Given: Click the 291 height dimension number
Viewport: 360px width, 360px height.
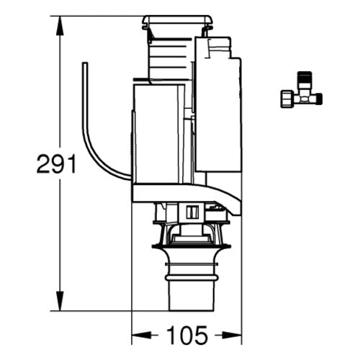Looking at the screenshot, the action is click(x=56, y=163).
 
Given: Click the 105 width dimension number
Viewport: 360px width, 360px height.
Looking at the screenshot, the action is click(x=187, y=336).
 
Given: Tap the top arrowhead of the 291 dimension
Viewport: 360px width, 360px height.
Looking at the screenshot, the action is click(x=60, y=26).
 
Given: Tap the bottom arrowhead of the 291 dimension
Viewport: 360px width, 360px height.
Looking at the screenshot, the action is click(x=60, y=301).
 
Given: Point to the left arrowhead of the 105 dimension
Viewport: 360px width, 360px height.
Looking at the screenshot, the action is click(x=142, y=336).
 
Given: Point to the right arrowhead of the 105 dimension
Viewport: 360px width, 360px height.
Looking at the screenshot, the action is click(x=232, y=336).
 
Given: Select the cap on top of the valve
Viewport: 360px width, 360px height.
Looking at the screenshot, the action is click(x=177, y=22).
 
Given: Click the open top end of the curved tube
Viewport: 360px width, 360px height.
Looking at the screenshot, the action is click(x=85, y=63).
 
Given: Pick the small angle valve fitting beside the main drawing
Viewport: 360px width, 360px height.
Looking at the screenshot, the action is click(x=302, y=89).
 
